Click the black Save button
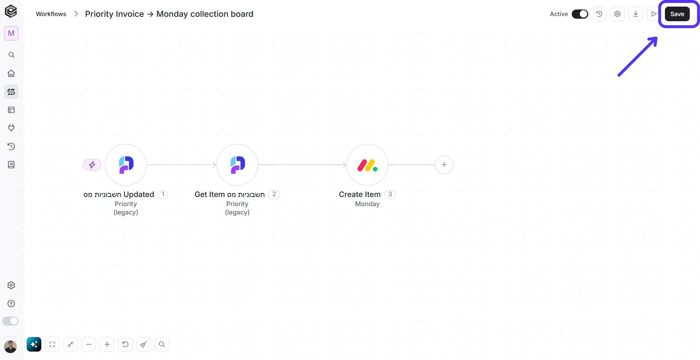coord(677,14)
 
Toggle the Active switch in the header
coord(580,14)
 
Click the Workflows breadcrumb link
coord(51,14)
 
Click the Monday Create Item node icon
coord(367,165)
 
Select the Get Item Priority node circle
coord(237,165)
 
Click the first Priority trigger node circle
coord(126,165)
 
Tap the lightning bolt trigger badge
coord(92,165)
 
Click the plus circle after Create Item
coord(444,165)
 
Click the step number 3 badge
coord(390,194)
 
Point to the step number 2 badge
coord(274,194)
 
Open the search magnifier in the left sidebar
coord(11,55)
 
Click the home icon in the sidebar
coord(11,73)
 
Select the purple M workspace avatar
coord(11,33)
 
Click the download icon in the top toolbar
coord(636,14)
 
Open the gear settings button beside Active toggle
coord(617,14)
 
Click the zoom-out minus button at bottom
coord(89,344)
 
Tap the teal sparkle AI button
coord(34,344)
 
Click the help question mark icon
coord(11,303)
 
